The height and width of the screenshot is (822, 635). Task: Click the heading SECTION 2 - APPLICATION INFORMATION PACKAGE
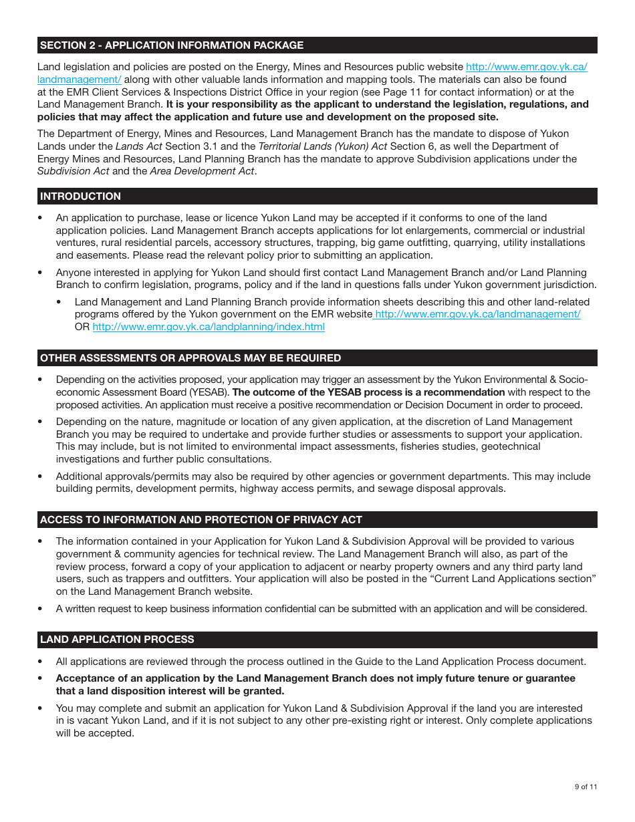coord(172,45)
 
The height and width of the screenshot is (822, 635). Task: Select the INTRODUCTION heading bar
coord(81,196)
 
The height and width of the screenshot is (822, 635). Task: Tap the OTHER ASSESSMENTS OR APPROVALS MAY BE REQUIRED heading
coord(190,358)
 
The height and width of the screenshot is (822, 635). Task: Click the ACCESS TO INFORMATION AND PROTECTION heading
coord(201,520)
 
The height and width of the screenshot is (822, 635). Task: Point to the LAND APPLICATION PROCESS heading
coord(117,640)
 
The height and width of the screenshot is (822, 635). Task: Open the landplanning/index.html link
coord(209,327)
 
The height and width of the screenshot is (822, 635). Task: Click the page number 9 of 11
coord(586,787)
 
